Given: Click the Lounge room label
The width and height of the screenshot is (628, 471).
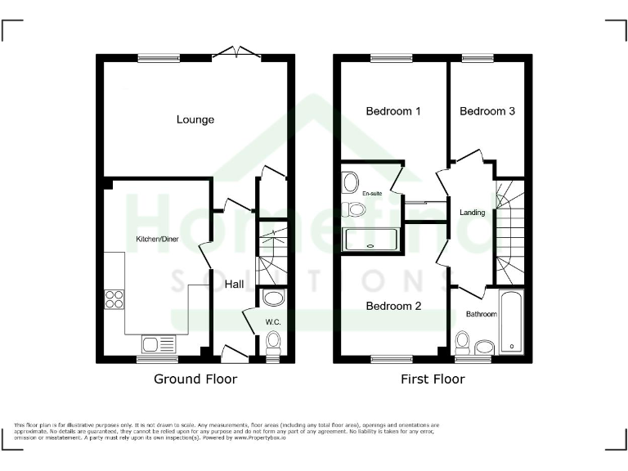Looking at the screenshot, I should tap(195, 119).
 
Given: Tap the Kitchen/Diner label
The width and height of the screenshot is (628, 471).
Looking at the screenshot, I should tap(157, 239).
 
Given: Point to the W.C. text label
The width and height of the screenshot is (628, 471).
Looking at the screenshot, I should tap(272, 321).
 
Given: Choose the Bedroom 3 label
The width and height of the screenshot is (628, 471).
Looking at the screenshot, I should tap(487, 111).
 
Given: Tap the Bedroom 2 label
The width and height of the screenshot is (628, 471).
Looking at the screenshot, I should tap(393, 306).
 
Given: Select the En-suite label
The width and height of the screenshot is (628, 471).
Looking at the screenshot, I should tap(372, 194).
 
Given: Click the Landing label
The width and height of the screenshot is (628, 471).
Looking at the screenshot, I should tap(473, 213).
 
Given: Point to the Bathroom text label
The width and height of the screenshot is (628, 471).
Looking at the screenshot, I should tap(481, 314).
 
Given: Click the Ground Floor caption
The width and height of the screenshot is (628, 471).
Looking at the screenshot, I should tap(195, 379).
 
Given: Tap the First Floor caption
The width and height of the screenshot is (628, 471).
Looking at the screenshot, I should tap(433, 379).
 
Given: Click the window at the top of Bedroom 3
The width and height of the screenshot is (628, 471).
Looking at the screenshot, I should tap(473, 58).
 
